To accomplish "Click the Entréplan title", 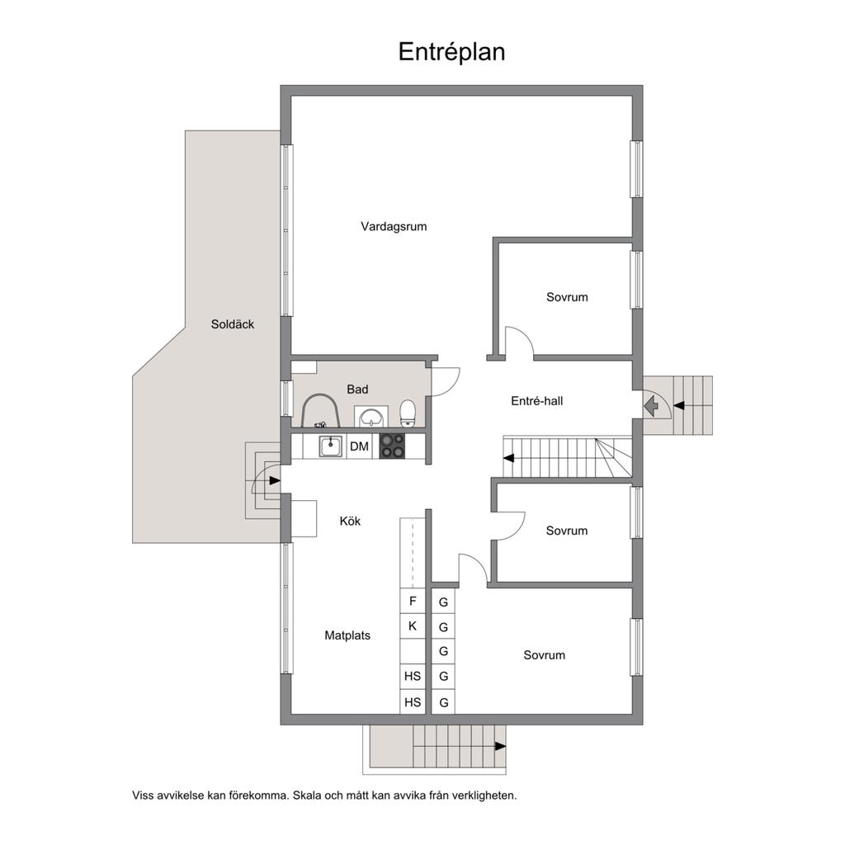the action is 451,52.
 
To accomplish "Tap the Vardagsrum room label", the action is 394,227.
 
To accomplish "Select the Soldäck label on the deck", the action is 232,324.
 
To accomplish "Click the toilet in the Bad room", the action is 408,413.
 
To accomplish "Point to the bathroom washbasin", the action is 371,417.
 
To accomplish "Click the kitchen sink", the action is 330,446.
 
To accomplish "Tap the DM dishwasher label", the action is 360,446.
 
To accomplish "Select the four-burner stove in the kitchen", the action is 392,446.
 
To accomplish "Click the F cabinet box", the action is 413,601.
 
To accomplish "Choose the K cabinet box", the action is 413,625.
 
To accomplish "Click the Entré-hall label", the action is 536,401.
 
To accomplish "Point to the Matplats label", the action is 347,635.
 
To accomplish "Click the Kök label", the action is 350,522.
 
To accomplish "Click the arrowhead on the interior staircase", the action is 508,458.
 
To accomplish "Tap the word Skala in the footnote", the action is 307,795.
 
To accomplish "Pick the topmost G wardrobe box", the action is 443,602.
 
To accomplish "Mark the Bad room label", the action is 357,389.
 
